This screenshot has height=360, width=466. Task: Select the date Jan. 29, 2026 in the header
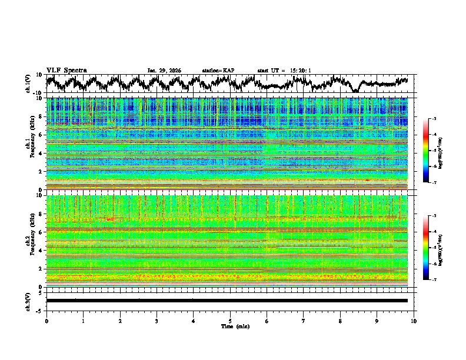click(164, 71)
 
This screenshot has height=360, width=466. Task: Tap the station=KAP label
click(218, 71)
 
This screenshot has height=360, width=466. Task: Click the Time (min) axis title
click(230, 326)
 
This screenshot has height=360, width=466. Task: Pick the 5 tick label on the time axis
click(230, 321)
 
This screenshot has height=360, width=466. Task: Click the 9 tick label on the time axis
click(377, 321)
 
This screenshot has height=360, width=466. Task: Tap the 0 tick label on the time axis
click(46, 321)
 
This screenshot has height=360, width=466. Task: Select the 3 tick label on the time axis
click(157, 321)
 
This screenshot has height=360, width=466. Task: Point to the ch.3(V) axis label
click(28, 301)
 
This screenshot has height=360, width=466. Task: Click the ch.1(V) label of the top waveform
click(28, 84)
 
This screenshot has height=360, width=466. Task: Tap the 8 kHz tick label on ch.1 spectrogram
click(39, 116)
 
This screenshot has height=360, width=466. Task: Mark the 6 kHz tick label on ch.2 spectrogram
click(39, 232)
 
